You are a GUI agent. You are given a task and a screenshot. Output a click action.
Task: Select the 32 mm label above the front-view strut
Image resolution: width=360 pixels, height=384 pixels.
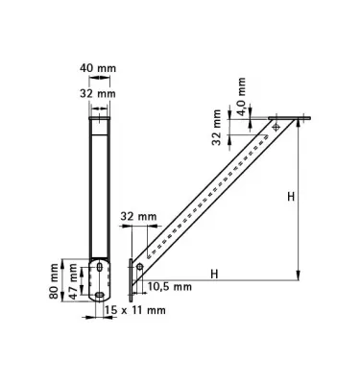98,94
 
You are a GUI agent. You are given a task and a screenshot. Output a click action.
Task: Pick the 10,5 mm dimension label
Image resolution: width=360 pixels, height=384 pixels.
170,285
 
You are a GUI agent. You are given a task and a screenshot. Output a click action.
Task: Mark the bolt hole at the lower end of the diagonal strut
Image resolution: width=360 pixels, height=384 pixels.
140,266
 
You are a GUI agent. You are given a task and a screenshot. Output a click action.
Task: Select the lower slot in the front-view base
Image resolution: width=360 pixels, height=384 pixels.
99,292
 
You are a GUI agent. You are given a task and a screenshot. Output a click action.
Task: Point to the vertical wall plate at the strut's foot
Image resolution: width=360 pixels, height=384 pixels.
131,276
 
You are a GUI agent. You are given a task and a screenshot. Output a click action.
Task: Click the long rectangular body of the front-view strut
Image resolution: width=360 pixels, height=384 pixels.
99,182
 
